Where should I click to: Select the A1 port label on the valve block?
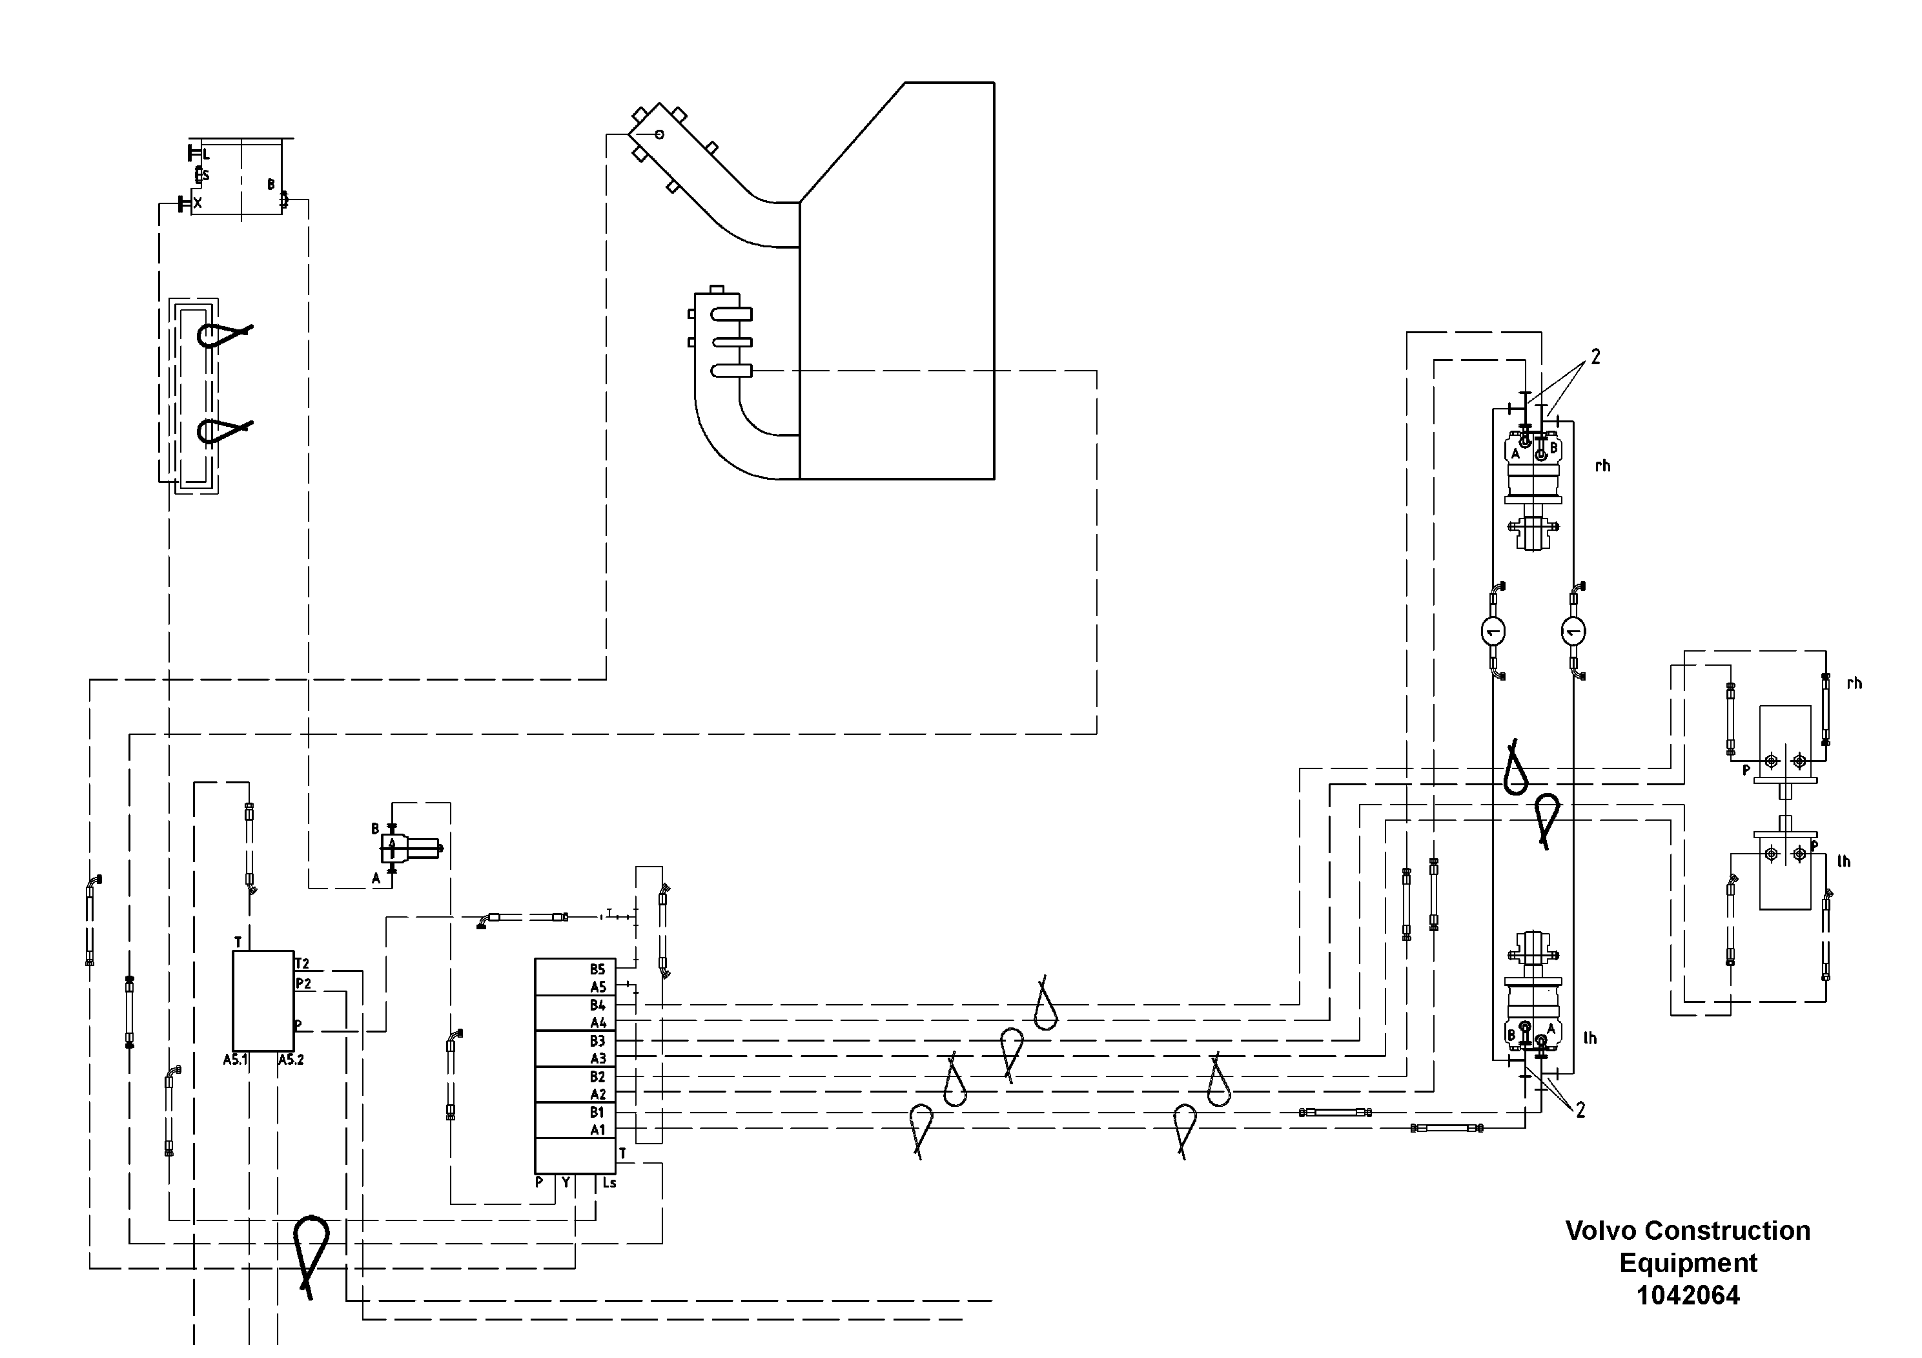[x=598, y=1130]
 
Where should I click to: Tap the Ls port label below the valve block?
[x=609, y=1183]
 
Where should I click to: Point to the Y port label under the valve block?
[x=566, y=1183]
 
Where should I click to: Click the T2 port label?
[x=302, y=963]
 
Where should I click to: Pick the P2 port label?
[x=303, y=983]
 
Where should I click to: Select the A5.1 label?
[x=235, y=1060]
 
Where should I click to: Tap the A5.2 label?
[x=291, y=1060]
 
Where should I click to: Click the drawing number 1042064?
[x=1688, y=1295]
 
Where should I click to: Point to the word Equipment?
[x=1688, y=1262]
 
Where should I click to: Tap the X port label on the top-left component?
[x=198, y=203]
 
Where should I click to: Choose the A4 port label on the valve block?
[x=598, y=1023]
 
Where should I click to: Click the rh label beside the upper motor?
[x=1602, y=466]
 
